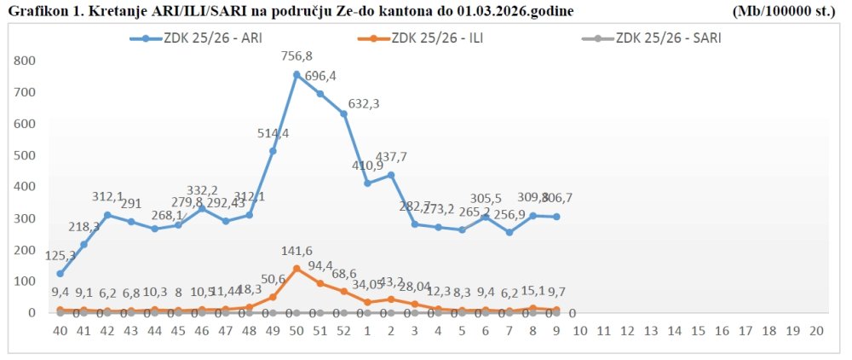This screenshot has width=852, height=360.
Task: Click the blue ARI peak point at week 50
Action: click(296, 75)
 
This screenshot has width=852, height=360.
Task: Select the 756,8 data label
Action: click(296, 57)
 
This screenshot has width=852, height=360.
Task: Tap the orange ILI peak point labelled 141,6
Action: click(296, 268)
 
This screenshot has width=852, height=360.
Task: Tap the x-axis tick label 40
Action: click(60, 331)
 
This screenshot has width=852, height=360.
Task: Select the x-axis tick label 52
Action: click(343, 331)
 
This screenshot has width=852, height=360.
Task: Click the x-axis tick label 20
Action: click(815, 331)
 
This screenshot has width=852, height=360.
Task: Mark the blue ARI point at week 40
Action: click(60, 274)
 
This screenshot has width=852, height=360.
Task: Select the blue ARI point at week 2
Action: click(391, 175)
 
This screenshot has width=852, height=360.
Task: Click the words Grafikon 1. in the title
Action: click(39, 11)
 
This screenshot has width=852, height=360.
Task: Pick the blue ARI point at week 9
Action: click(556, 217)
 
